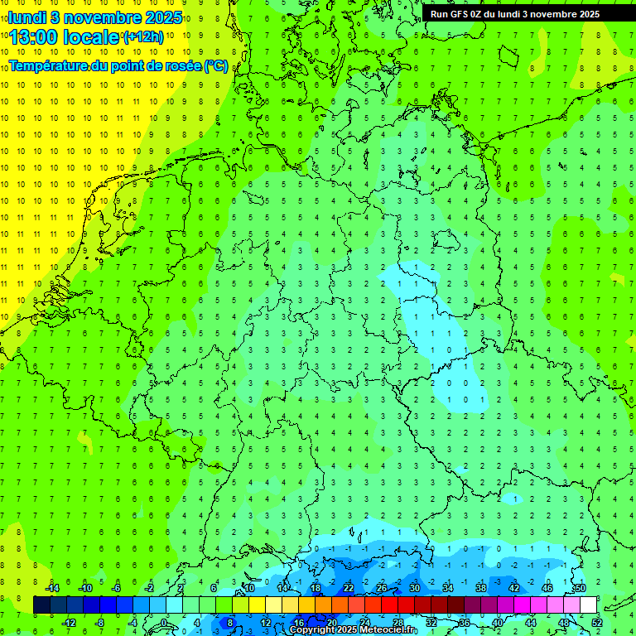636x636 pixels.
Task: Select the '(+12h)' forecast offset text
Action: click(143, 37)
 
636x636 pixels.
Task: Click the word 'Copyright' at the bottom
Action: click(312, 630)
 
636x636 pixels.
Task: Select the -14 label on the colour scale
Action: click(52, 588)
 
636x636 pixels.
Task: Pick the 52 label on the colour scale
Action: click(597, 622)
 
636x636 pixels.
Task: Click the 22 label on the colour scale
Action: click(349, 588)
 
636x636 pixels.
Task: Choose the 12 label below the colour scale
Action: click(266, 622)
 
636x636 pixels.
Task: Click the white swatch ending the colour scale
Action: click(588, 605)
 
